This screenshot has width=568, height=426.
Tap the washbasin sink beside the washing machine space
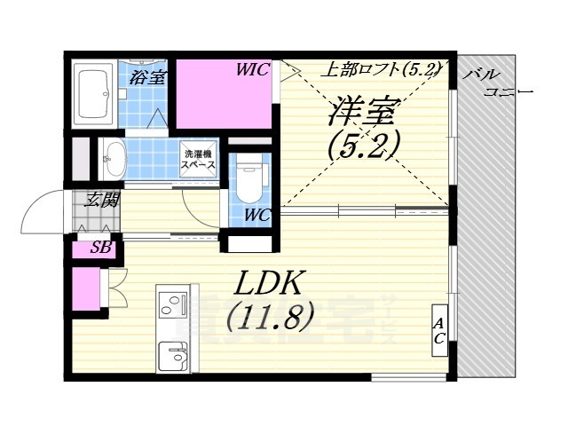click(113, 161)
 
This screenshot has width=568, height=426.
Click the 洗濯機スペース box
click(198, 159)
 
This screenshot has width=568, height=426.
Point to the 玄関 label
click(100, 200)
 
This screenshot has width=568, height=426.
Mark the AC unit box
click(438, 330)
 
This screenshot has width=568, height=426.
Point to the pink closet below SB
click(86, 290)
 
